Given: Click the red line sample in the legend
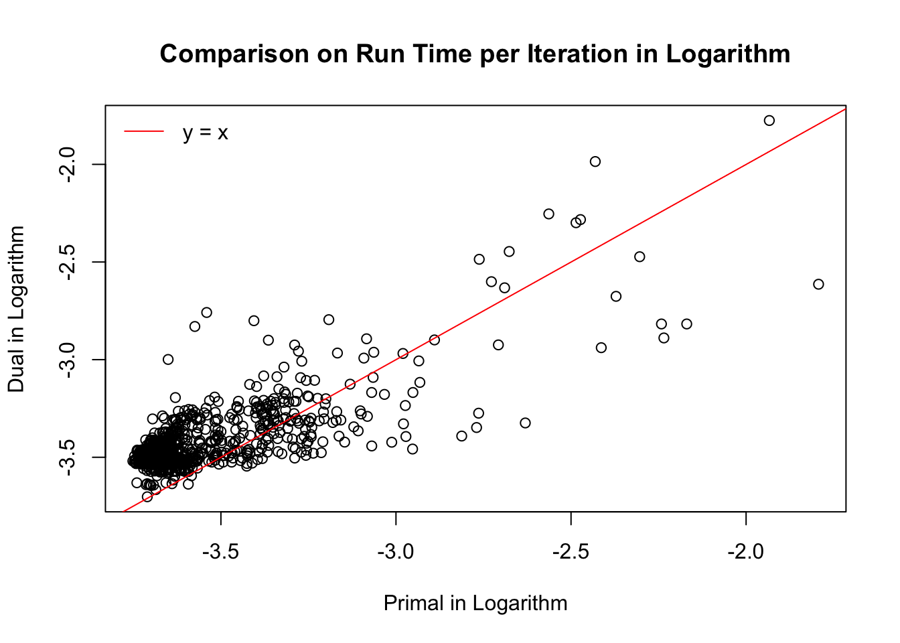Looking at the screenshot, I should pos(143,132).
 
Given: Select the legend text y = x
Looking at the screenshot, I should pos(205,133).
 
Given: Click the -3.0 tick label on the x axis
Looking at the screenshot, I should pos(396,552).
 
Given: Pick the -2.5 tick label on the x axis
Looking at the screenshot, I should pos(571,552).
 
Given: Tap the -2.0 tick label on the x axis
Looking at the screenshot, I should pos(745,552).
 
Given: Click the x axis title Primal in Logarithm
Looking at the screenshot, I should pos(475,603).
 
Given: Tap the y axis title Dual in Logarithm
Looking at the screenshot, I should pos(16,309).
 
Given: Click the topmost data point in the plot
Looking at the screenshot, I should pos(769,121).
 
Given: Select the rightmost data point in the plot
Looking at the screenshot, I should pos(818,284).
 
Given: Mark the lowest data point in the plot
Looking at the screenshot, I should pos(147,496).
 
